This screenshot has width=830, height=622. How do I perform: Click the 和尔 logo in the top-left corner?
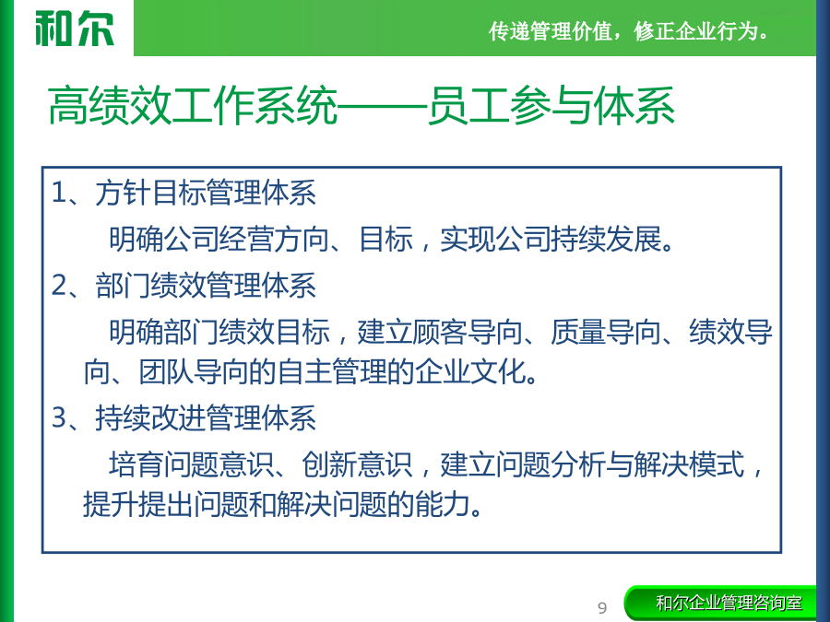click(x=75, y=29)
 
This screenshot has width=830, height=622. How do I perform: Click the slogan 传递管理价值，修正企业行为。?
click(x=628, y=31)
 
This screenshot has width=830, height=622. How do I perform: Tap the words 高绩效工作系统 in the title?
click(x=193, y=106)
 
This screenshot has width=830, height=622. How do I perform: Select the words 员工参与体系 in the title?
click(x=551, y=106)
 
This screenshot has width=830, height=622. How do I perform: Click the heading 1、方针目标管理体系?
click(x=184, y=192)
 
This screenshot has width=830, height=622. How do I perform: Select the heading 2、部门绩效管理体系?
click(x=184, y=286)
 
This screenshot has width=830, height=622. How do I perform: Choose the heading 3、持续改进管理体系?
click(x=184, y=417)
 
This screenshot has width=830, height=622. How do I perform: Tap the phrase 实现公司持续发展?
click(x=551, y=239)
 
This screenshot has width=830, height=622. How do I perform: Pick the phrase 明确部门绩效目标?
click(x=219, y=332)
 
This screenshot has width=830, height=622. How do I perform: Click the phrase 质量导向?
click(x=606, y=332)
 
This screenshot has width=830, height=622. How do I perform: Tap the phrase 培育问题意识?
click(x=192, y=464)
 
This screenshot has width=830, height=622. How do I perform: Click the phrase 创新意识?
click(x=357, y=464)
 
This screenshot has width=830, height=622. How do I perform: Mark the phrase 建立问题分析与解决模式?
click(x=592, y=464)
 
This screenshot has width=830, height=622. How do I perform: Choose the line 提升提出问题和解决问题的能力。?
click(x=283, y=503)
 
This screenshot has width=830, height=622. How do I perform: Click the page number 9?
click(x=602, y=608)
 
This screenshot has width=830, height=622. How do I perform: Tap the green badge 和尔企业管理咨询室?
click(x=720, y=603)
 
